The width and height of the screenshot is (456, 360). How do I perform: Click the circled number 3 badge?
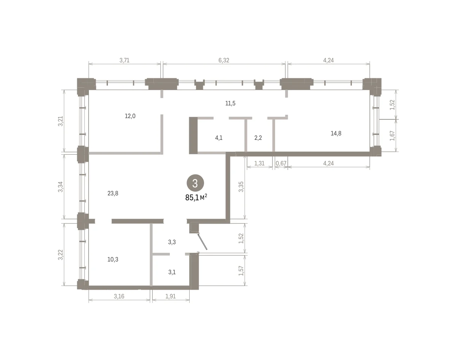[195, 183]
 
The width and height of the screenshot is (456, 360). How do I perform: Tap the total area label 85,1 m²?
[196, 198]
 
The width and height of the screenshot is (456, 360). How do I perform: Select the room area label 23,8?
[113, 193]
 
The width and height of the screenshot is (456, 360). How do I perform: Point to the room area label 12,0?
[130, 116]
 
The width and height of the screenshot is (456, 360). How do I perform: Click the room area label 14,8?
[336, 133]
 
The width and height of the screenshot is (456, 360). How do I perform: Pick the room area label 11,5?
[230, 103]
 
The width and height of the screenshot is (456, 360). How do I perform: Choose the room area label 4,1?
[219, 138]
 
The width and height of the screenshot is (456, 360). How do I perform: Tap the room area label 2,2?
[258, 138]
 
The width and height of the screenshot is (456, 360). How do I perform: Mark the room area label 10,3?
[113, 259]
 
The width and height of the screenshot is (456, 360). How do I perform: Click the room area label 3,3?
[172, 242]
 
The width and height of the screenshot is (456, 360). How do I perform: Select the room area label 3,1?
[172, 272]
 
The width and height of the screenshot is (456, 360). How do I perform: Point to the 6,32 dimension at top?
[224, 60]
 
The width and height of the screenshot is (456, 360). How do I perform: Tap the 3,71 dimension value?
[124, 60]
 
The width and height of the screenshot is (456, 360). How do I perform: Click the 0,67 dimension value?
[281, 163]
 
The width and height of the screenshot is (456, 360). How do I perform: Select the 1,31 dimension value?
[260, 163]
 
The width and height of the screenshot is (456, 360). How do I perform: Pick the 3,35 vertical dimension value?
[241, 187]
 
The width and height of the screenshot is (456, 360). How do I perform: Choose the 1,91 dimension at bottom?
[171, 297]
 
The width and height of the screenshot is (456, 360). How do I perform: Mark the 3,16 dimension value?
[119, 297]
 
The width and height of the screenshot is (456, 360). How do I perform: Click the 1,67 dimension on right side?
[392, 136]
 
